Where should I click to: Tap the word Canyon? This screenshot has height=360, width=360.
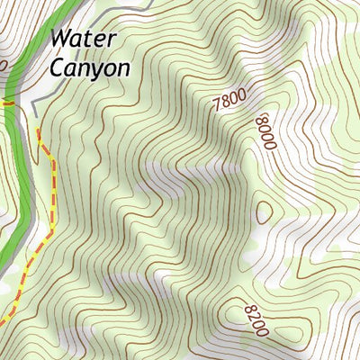point(91,67)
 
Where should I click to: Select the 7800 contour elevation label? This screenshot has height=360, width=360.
point(229,102)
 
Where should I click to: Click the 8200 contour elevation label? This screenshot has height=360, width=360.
point(256,320)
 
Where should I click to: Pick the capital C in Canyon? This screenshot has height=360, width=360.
point(58,67)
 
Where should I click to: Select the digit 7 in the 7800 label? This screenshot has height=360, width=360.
point(217,109)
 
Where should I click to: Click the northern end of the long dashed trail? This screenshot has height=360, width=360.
point(39,131)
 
